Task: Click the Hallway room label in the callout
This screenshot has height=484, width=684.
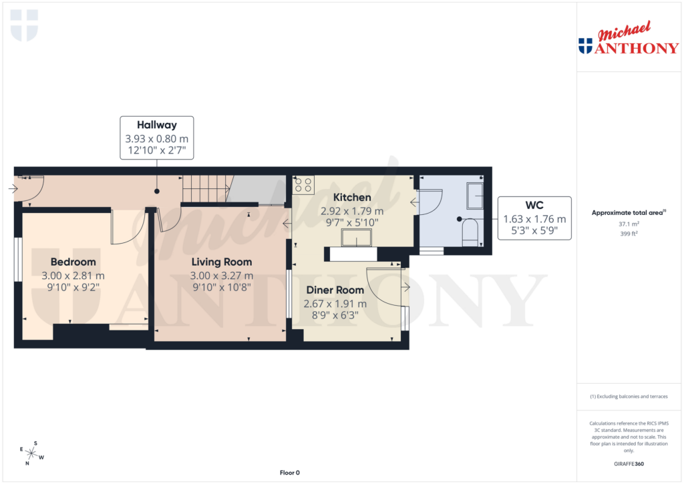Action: (x=157, y=125)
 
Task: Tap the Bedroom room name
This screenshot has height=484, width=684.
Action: (x=73, y=262)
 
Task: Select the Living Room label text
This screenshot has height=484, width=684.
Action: (x=221, y=262)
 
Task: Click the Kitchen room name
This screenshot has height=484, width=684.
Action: (x=352, y=198)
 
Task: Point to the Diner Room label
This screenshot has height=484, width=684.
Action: (x=335, y=290)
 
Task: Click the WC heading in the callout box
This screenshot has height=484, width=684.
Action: (x=534, y=206)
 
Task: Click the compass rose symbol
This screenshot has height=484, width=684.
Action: (x=31, y=453)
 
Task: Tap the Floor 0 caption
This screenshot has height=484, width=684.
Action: (x=289, y=473)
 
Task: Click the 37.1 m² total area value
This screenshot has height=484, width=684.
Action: (x=628, y=225)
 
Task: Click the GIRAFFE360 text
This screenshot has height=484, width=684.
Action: (x=628, y=464)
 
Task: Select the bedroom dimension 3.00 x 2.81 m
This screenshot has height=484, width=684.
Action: (x=73, y=276)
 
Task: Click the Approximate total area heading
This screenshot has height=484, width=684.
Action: (x=628, y=213)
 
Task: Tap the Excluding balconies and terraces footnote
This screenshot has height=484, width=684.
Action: (x=628, y=397)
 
